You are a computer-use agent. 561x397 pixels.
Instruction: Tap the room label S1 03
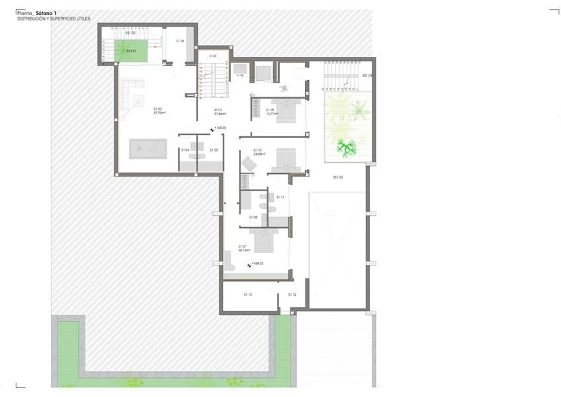pos(158,109)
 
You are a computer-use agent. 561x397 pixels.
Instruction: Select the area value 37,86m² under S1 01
pos(218,113)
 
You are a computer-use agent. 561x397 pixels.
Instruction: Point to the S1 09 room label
pos(270,110)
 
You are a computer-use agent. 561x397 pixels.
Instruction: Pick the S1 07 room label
pos(243,246)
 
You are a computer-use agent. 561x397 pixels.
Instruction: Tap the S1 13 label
pos(247,294)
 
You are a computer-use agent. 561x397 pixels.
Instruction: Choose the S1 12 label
pos(292,294)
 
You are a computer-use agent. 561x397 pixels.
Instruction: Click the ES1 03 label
pos(337,177)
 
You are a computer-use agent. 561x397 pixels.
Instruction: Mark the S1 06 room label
pos(180,41)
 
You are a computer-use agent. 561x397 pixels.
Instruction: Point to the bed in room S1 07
pos(263,240)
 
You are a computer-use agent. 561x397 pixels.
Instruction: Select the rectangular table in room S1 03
pos(148,149)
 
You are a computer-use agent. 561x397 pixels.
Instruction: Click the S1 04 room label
pos(185,150)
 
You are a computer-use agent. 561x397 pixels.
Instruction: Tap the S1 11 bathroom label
pos(280,197)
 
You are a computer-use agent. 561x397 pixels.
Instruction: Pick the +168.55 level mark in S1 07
pos(255,263)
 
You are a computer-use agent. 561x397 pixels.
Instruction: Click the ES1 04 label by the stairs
pos(367,75)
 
